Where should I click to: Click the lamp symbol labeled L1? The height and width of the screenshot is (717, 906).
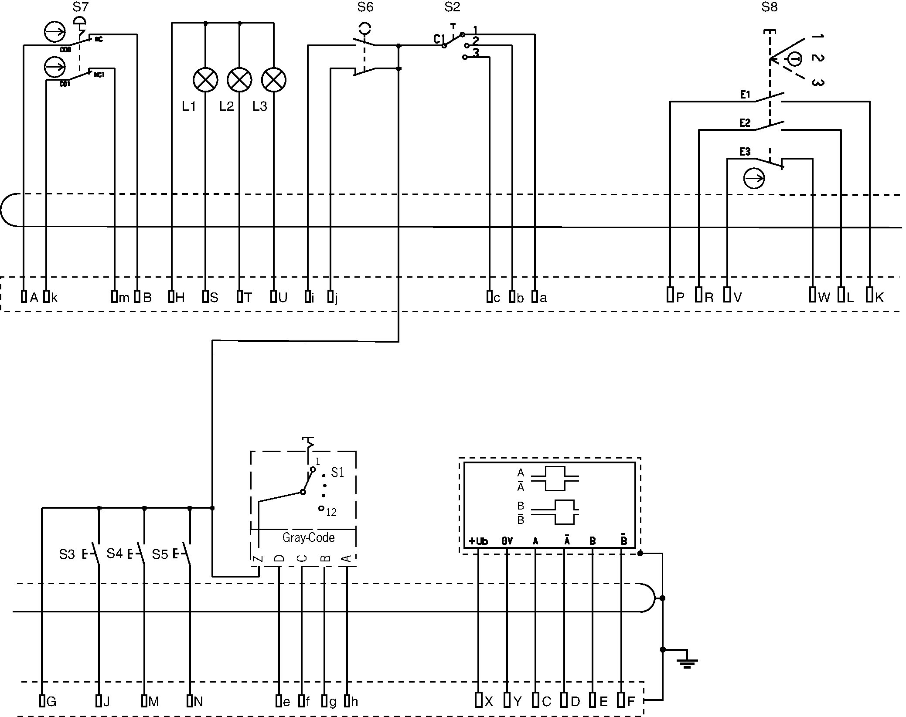(x=205, y=80)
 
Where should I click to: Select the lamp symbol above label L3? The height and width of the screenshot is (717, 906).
(x=274, y=80)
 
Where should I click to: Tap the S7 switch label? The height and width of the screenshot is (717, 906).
(x=81, y=7)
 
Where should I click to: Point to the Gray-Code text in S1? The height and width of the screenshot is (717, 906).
(x=308, y=537)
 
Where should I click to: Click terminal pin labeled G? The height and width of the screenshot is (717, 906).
(x=42, y=701)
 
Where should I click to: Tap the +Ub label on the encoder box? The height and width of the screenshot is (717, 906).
(x=478, y=541)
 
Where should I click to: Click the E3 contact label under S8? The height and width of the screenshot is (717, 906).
(x=745, y=152)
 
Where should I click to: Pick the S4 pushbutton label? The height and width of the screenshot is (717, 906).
(x=115, y=554)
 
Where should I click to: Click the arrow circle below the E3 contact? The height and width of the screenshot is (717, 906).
(x=754, y=178)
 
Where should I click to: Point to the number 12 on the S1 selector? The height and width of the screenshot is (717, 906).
(x=331, y=513)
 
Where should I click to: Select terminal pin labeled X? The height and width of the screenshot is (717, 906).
(x=478, y=700)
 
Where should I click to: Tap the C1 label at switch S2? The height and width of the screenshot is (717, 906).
(x=439, y=39)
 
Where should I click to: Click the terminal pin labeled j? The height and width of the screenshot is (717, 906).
(x=330, y=297)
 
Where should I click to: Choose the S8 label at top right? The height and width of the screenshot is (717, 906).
(x=769, y=7)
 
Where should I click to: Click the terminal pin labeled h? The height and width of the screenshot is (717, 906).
(x=347, y=701)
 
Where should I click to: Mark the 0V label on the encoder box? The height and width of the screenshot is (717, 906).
(x=507, y=541)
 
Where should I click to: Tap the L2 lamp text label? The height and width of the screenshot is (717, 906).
(x=226, y=106)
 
